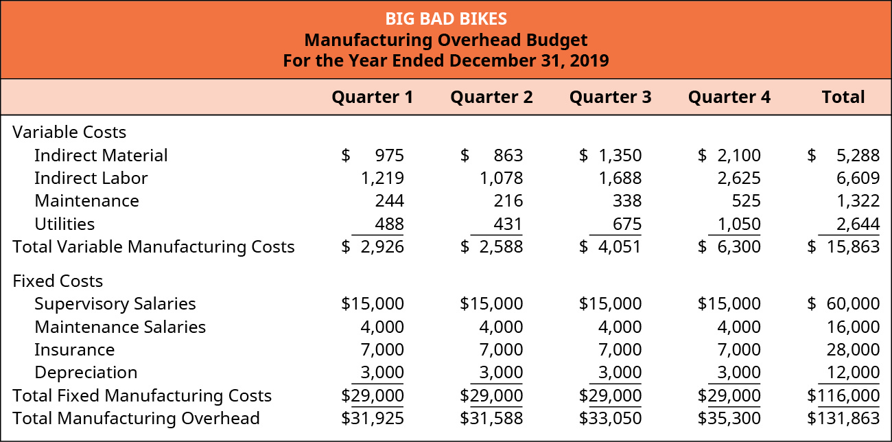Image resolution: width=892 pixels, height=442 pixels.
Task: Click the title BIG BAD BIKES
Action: click(x=446, y=18)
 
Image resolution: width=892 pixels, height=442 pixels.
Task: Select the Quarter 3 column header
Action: click(x=610, y=97)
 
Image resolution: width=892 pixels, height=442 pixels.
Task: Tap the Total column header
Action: click(x=843, y=97)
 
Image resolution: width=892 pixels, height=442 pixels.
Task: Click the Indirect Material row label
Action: click(x=101, y=156)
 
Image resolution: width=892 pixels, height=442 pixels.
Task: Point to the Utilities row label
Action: click(x=64, y=224)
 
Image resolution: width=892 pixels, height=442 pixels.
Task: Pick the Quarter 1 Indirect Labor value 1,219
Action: click(x=382, y=178)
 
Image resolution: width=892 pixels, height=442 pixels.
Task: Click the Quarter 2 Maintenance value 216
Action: click(x=507, y=201)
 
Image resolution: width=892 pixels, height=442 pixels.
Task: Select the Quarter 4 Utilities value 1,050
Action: click(x=738, y=224)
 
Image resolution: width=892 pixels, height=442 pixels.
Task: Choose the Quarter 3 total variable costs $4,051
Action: click(x=610, y=247)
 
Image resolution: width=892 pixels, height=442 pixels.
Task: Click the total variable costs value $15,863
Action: click(x=843, y=247)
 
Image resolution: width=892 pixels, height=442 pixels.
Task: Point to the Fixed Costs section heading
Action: click(x=58, y=281)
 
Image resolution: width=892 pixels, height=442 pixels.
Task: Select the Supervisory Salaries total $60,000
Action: click(x=843, y=304)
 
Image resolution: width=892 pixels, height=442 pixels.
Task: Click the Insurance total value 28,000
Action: click(x=854, y=350)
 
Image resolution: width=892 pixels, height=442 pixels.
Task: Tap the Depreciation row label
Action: click(x=86, y=373)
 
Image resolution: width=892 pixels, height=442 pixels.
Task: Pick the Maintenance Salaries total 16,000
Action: click(x=854, y=327)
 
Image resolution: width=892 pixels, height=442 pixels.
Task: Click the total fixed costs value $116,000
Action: click(x=843, y=396)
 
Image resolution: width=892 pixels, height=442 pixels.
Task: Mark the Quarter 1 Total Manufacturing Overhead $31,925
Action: click(x=373, y=419)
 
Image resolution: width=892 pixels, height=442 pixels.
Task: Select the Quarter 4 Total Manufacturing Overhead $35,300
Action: click(x=729, y=419)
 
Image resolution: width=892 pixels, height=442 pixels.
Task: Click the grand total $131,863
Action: click(x=843, y=419)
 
